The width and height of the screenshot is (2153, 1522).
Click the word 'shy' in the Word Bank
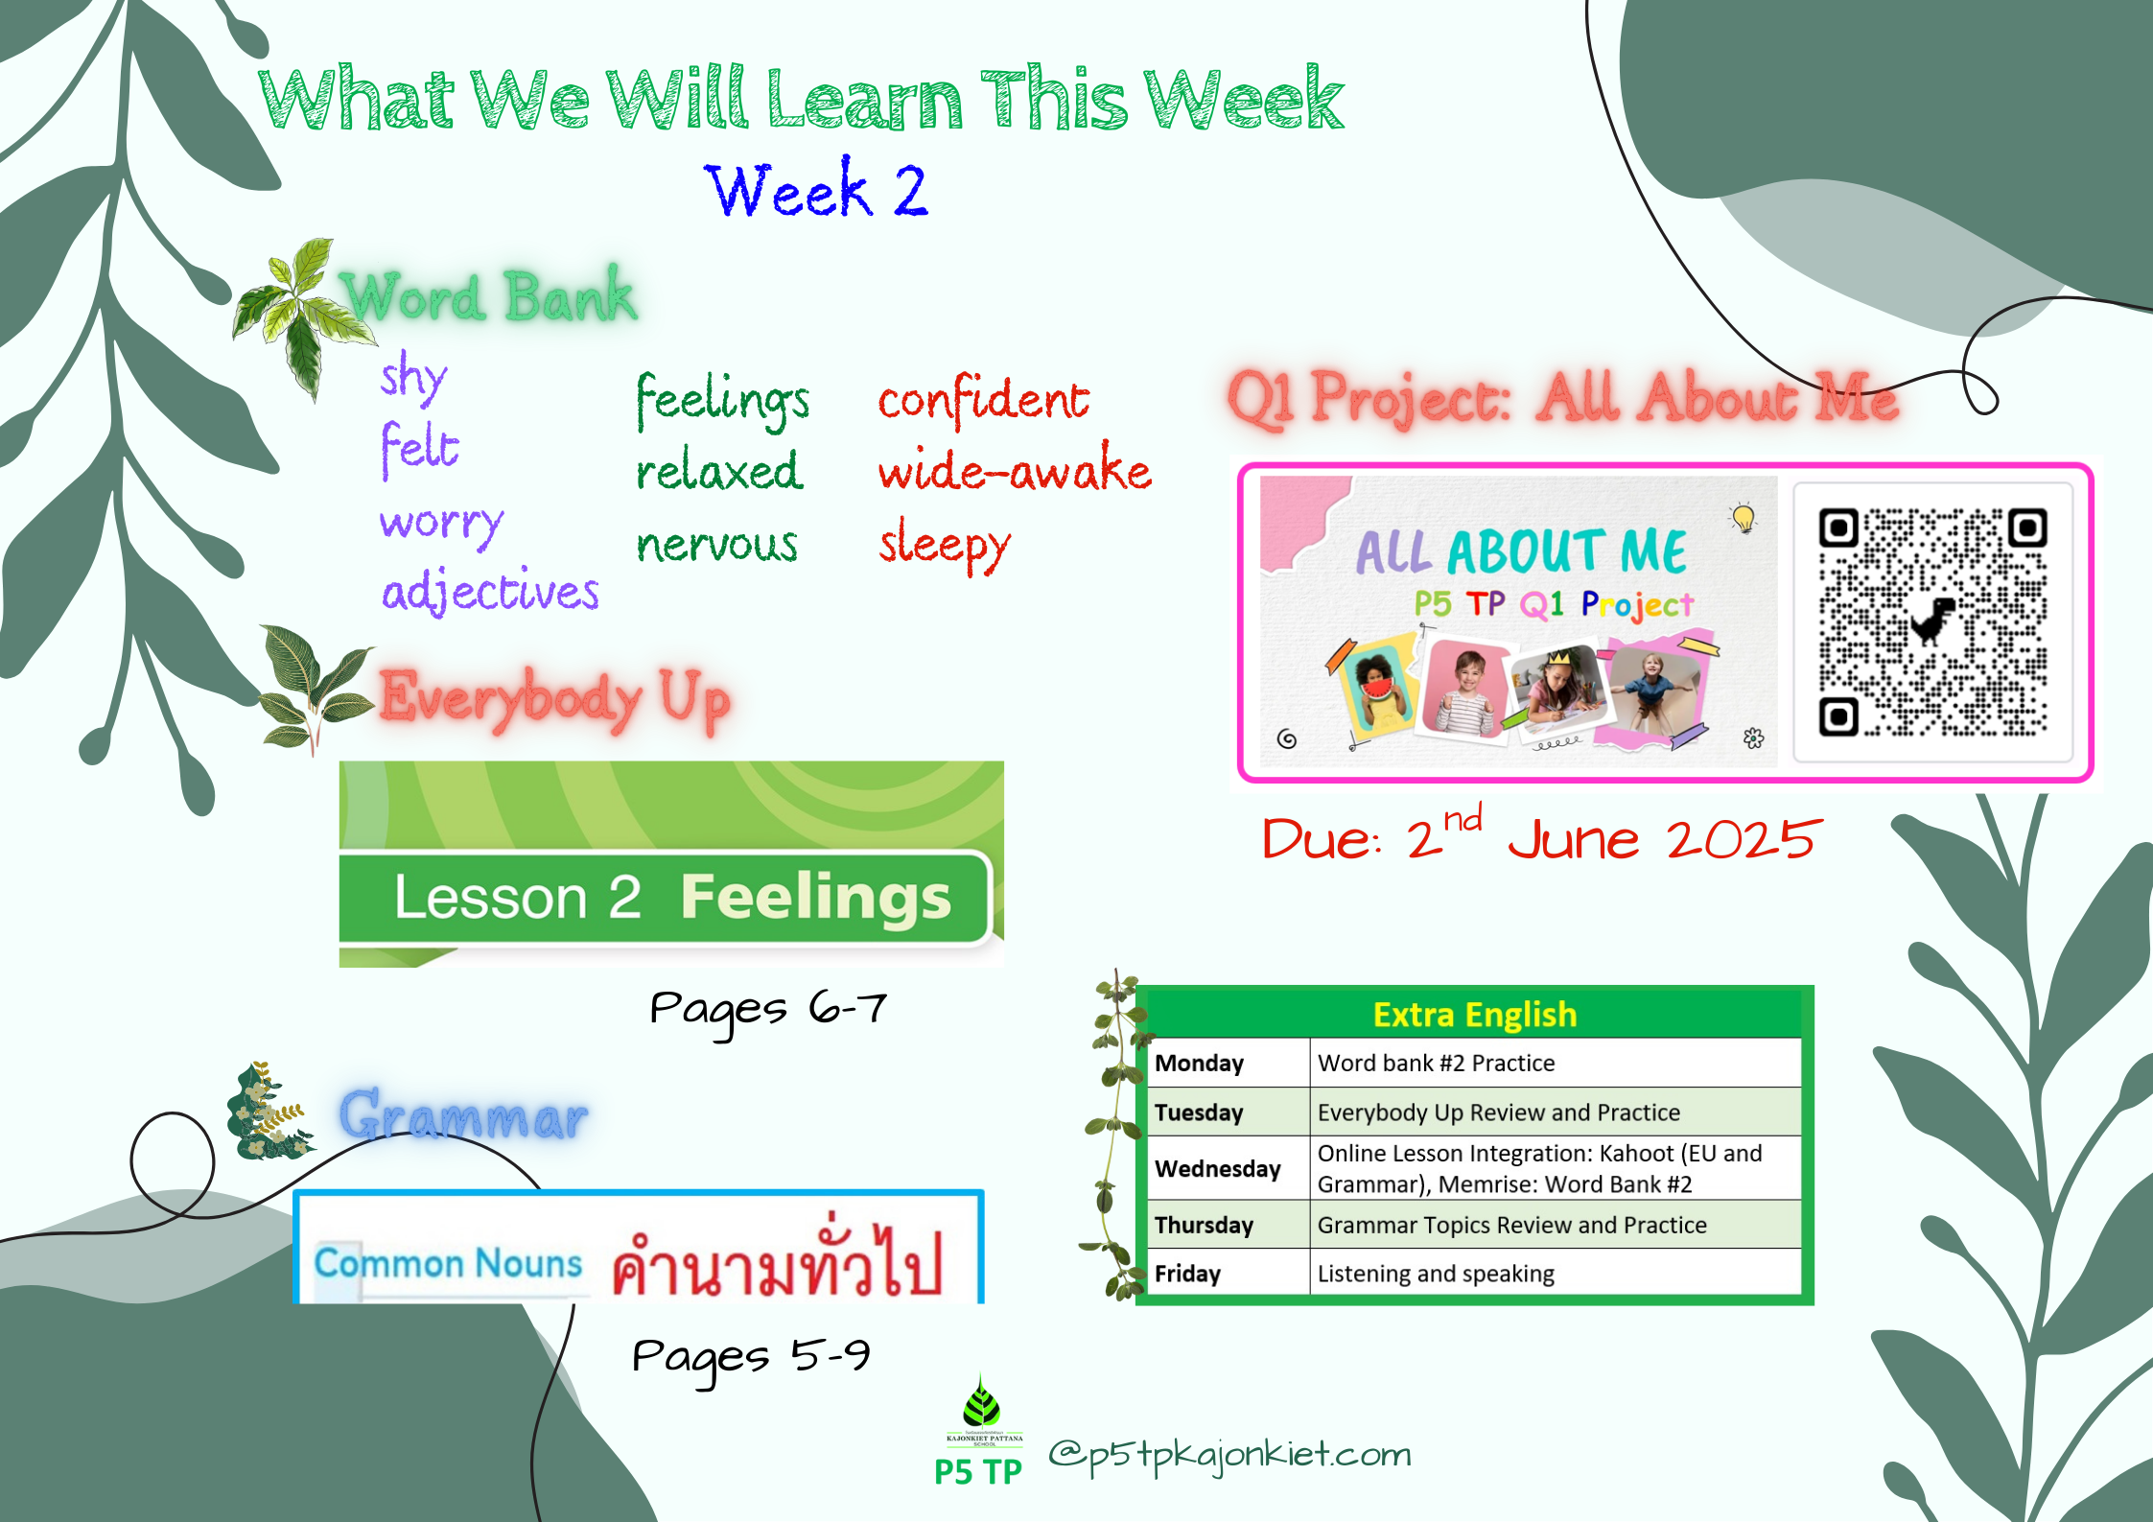click(413, 377)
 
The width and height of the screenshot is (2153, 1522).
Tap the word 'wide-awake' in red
click(1015, 469)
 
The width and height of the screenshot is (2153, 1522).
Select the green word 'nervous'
click(716, 544)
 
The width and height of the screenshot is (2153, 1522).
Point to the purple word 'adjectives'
click(490, 590)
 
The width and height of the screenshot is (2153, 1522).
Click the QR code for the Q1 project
click(1932, 622)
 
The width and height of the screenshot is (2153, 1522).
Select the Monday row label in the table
click(1199, 1063)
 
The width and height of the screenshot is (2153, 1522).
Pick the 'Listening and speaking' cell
click(1436, 1274)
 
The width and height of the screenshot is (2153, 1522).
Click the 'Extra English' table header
click(1475, 1014)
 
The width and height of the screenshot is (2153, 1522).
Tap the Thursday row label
click(1204, 1225)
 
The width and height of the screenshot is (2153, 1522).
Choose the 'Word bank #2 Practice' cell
click(1436, 1063)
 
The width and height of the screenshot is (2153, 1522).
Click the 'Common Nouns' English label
click(448, 1263)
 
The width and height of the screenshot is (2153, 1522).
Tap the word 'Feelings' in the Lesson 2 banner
click(815, 898)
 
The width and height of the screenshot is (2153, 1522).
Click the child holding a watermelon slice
click(1377, 689)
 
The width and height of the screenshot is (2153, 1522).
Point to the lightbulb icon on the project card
click(1743, 518)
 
